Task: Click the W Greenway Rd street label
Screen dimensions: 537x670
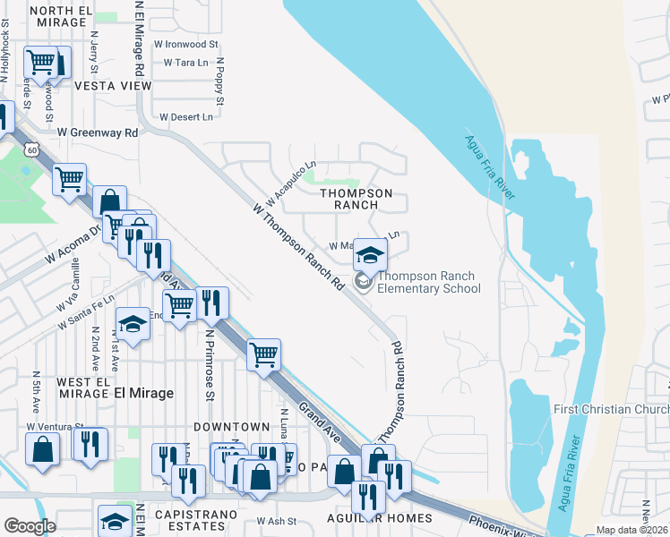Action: [98, 132]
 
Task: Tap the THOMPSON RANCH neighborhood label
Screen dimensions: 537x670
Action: [356, 199]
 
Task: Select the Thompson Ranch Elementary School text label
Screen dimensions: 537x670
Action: [428, 282]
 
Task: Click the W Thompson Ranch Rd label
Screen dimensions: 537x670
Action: [298, 245]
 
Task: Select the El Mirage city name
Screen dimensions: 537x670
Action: [143, 392]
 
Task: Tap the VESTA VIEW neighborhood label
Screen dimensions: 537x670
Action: [113, 85]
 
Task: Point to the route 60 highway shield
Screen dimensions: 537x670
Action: [31, 149]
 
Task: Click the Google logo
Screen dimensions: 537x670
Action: [30, 525]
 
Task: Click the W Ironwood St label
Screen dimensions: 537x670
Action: [186, 43]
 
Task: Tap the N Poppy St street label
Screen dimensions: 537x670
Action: [219, 82]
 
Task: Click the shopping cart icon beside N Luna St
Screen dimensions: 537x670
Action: [264, 354]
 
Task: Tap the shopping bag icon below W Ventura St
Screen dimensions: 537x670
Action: [43, 449]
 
